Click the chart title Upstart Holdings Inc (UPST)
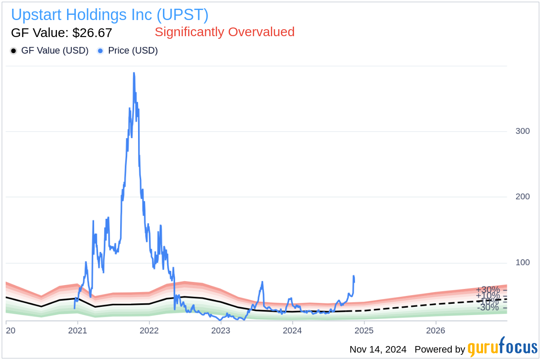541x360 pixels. click(x=109, y=15)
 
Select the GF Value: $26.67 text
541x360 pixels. click(x=61, y=33)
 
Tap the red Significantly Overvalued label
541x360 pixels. click(x=224, y=32)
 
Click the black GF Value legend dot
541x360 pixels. click(x=14, y=51)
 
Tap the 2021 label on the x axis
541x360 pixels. click(x=78, y=331)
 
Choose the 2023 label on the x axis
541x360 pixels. click(x=221, y=331)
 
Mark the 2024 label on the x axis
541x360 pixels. click(x=292, y=331)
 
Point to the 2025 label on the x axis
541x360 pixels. click(x=364, y=331)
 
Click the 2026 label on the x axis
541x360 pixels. click(x=436, y=331)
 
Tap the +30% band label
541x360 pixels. click(x=487, y=290)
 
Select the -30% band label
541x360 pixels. click(x=487, y=308)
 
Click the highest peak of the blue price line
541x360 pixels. click(x=134, y=73)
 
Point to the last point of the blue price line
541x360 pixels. click(x=354, y=282)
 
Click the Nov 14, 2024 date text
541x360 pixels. click(x=378, y=350)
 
